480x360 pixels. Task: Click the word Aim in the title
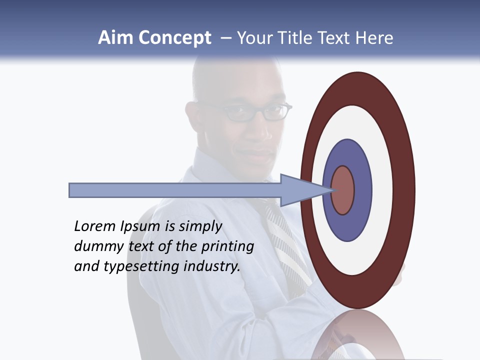pyautogui.click(x=115, y=38)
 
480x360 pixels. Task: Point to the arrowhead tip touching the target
pyautogui.click(x=332, y=190)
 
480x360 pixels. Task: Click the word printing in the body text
pyautogui.click(x=228, y=246)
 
